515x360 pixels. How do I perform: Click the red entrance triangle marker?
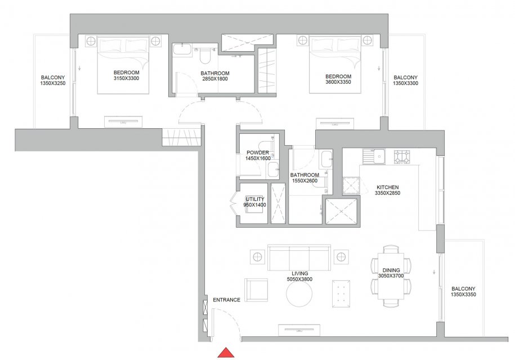(226, 353)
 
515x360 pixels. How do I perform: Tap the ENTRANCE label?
(226, 300)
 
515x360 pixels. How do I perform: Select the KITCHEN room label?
(388, 187)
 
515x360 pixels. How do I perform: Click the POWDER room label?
(258, 152)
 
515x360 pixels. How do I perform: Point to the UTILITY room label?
(255, 199)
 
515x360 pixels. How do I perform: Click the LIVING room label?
(299, 273)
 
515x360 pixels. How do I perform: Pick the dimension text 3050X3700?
(391, 276)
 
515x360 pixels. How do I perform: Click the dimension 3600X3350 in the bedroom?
(338, 82)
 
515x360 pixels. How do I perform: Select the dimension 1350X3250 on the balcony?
(53, 83)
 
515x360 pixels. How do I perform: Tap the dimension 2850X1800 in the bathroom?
(215, 79)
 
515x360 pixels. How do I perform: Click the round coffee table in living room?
(299, 294)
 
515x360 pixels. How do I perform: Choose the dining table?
(391, 276)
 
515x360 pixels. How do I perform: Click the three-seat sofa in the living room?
(299, 257)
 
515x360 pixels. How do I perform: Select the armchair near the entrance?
(256, 290)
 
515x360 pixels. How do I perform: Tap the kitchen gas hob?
(402, 157)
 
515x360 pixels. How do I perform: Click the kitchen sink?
(374, 156)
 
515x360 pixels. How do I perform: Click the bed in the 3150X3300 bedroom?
(123, 66)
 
